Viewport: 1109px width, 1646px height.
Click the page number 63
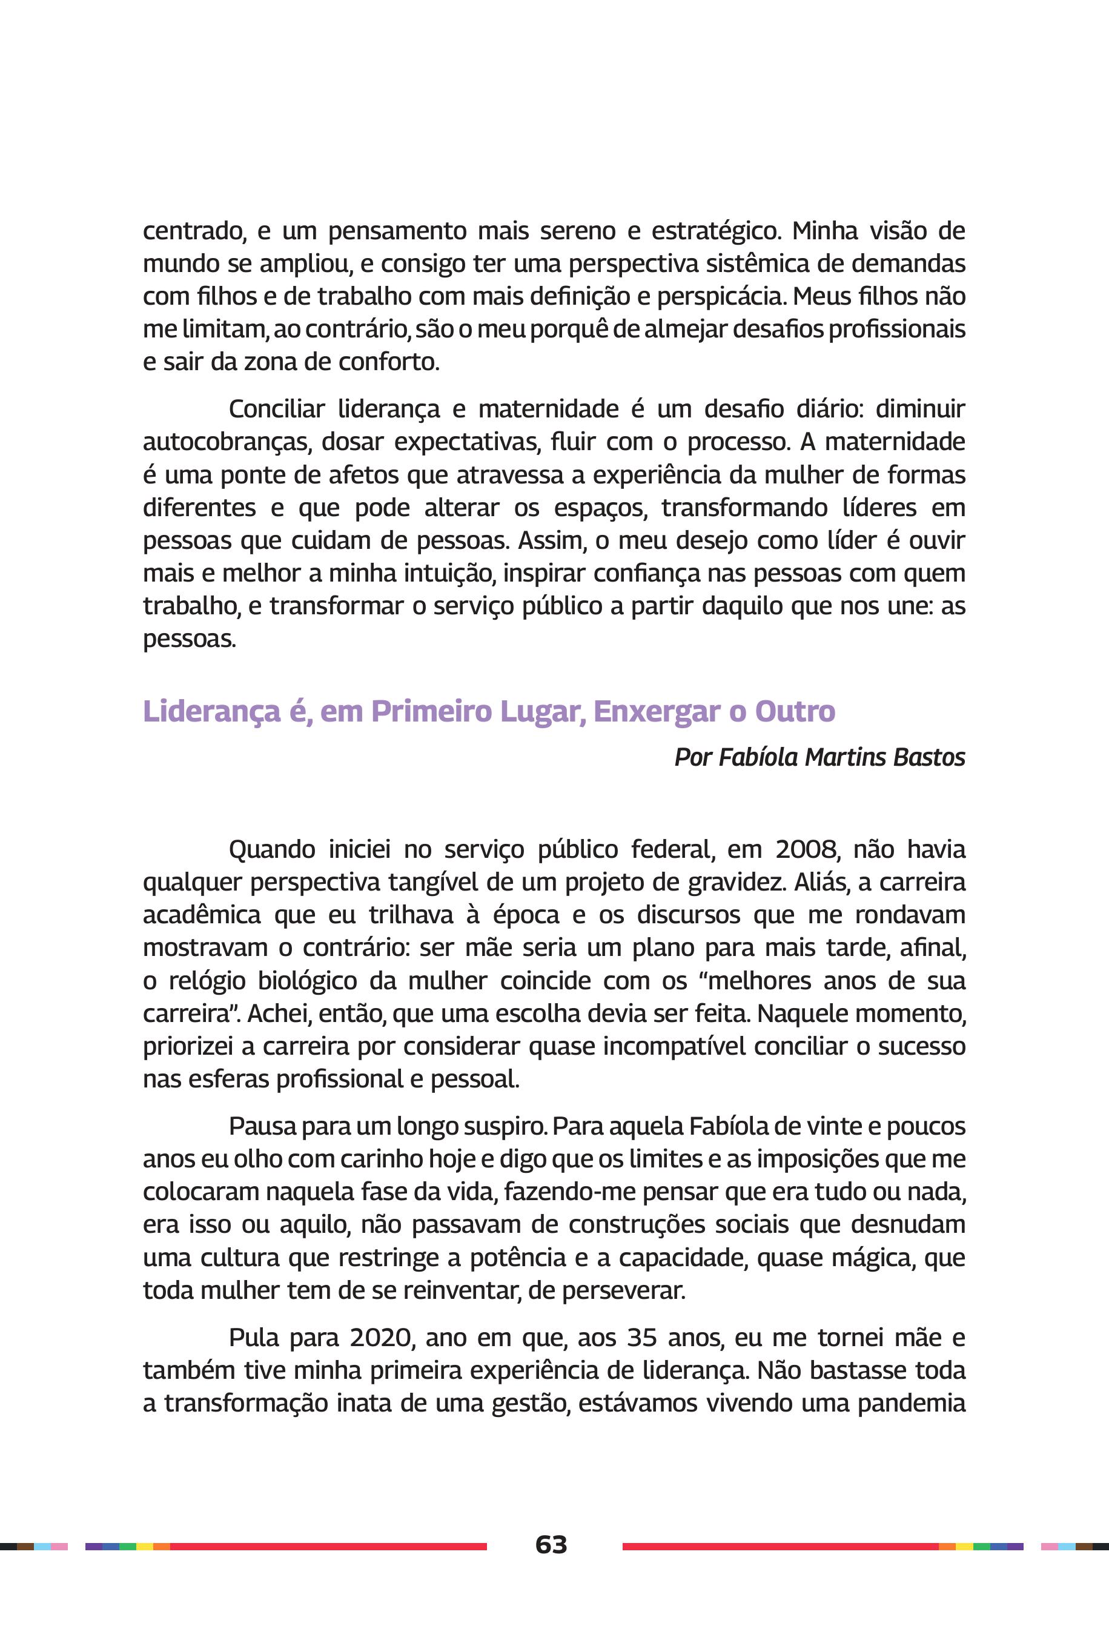pyautogui.click(x=551, y=1544)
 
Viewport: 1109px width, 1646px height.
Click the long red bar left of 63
pyautogui.click(x=328, y=1546)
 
